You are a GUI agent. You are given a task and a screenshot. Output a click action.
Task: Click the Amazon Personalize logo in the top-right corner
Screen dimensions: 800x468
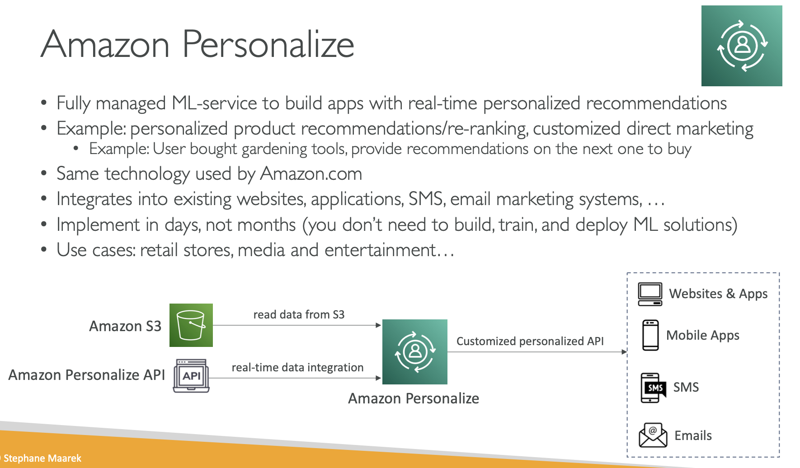742,46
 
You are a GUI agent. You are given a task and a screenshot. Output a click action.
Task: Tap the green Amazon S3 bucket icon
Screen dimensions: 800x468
191,325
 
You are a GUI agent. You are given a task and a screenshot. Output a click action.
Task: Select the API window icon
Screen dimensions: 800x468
191,376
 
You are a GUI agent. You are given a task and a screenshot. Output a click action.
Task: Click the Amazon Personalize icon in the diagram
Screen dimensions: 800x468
415,352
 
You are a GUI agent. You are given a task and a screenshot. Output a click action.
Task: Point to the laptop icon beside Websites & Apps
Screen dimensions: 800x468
650,294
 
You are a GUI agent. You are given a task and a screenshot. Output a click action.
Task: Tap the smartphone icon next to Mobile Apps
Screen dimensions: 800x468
650,335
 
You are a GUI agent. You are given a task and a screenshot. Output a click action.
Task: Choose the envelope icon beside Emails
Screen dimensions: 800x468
653,435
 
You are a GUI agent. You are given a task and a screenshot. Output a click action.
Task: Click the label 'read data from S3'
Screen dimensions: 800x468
299,314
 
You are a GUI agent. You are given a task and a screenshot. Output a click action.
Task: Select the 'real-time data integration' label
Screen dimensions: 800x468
297,367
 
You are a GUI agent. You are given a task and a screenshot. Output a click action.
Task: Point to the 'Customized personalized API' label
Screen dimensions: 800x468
530,341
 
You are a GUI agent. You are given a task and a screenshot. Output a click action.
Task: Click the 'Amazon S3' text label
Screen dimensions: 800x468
125,326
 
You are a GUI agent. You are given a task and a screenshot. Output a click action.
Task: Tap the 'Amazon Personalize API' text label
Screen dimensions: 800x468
87,375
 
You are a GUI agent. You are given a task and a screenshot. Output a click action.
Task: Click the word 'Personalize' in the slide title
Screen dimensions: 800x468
268,44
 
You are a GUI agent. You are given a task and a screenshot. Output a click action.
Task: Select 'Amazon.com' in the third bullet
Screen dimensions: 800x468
311,174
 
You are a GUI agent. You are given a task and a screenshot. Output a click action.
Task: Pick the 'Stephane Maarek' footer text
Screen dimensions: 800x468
42,458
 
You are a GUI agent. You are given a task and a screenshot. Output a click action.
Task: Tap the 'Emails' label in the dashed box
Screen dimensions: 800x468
693,435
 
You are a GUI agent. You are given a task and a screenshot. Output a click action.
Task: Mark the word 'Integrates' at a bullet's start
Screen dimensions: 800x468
94,200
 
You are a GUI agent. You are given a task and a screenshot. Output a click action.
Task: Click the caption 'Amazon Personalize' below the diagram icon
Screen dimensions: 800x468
414,398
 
